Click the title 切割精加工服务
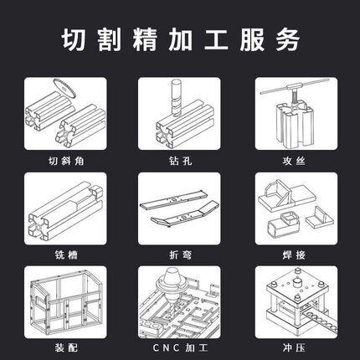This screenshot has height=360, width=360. [x=180, y=39]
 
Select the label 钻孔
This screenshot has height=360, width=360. [x=180, y=157]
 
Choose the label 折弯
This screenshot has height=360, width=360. [x=180, y=252]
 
